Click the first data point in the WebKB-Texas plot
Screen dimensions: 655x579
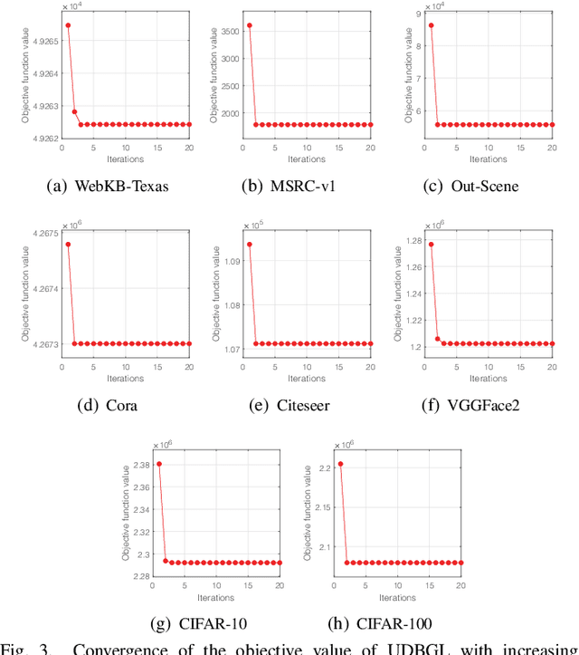[68, 25]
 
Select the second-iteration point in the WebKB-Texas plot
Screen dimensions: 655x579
[74, 111]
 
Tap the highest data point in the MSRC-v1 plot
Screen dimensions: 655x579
[250, 25]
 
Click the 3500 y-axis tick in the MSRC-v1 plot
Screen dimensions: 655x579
[228, 31]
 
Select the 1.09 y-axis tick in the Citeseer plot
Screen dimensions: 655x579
[232, 262]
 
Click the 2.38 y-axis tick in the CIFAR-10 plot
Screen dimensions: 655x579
[140, 465]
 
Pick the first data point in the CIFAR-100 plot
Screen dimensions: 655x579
[341, 464]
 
